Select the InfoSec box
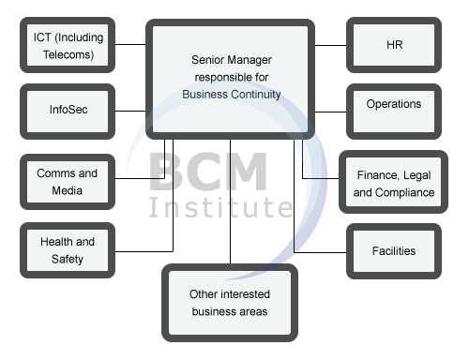(x=68, y=110)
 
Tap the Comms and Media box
(x=68, y=182)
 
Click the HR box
(x=393, y=44)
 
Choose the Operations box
(x=393, y=104)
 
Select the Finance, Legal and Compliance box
(x=394, y=183)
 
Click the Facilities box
(x=393, y=251)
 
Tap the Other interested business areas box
(x=228, y=302)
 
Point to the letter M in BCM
(x=245, y=172)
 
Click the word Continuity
(x=257, y=95)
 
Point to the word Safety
(x=68, y=258)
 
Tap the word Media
(x=68, y=191)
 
